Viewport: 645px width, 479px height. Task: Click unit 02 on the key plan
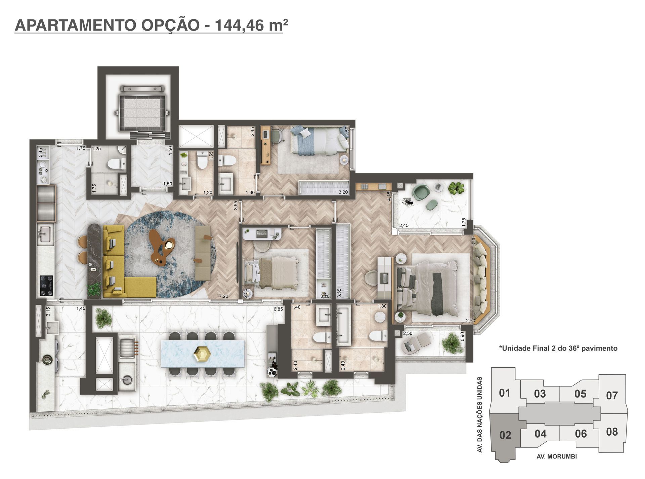pos(505,435)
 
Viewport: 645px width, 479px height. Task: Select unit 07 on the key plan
pos(612,396)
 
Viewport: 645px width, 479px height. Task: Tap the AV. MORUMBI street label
pos(557,456)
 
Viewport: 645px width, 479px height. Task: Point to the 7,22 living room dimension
pos(224,296)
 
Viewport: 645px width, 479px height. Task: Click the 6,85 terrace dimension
pos(278,309)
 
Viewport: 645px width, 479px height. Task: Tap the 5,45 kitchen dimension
pos(41,152)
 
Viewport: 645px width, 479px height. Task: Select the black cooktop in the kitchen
pos(46,286)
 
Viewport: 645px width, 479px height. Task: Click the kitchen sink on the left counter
pos(44,234)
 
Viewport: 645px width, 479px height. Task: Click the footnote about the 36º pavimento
pos(558,348)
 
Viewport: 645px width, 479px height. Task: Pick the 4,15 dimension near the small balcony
pos(389,196)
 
